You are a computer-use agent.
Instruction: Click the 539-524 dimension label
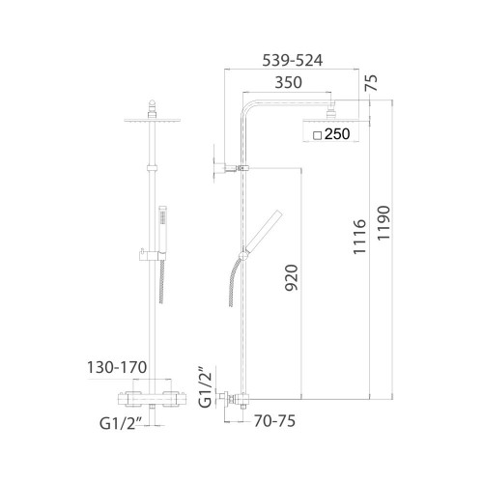point(293,61)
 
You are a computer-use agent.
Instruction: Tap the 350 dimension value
point(289,82)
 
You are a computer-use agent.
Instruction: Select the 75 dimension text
point(372,83)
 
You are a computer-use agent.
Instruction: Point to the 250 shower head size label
point(337,134)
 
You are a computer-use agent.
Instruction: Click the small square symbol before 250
point(318,135)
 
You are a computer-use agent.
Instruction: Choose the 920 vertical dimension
point(292,277)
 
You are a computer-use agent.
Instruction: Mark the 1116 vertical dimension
point(359,237)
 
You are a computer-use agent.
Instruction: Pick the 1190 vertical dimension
point(384,223)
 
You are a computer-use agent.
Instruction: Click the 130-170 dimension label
point(117,367)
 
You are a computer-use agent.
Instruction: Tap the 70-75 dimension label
point(274,421)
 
